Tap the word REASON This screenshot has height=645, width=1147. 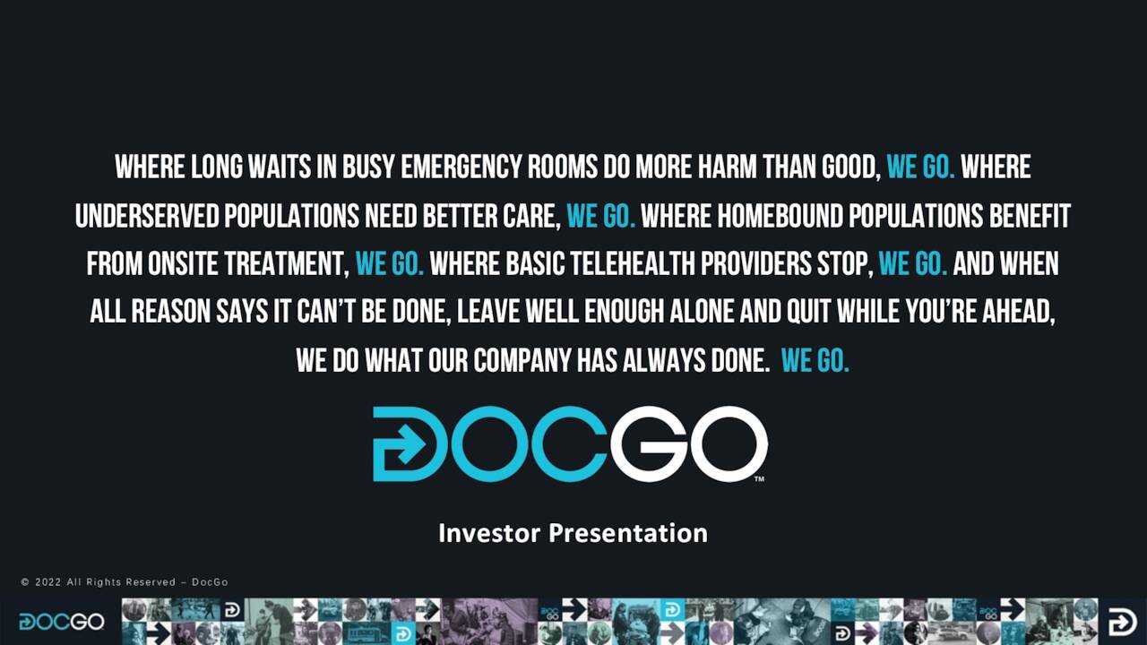[170, 313]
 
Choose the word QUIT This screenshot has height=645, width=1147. [809, 313]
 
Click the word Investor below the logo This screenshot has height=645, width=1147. [489, 533]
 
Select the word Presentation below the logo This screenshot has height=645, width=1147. [628, 533]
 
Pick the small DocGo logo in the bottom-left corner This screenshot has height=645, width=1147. [61, 622]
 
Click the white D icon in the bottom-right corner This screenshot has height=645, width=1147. [1122, 622]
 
